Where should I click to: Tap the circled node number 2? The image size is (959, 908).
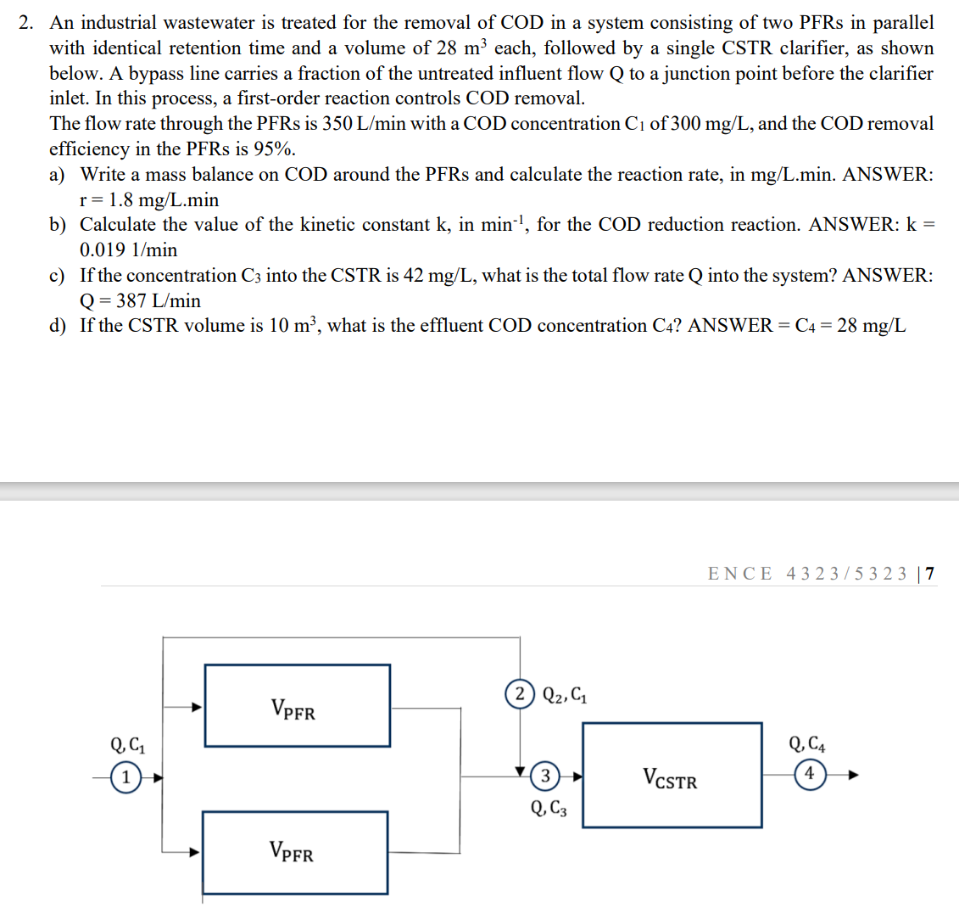519,694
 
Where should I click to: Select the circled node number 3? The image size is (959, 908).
545,775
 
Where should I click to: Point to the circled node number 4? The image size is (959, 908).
809,774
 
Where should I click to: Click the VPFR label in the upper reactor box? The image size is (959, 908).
293,709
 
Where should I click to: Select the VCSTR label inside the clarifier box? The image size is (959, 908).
670,778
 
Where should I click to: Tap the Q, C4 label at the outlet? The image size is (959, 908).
807,745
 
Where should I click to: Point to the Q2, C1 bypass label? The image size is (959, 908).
565,695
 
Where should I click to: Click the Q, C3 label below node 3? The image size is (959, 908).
549,809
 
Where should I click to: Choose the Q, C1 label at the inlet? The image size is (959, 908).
127,746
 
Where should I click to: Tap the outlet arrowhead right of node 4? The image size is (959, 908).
854,775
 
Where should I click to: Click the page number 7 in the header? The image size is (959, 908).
931,574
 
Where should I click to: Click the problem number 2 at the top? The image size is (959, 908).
27,23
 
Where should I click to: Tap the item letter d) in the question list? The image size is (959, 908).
58,326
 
